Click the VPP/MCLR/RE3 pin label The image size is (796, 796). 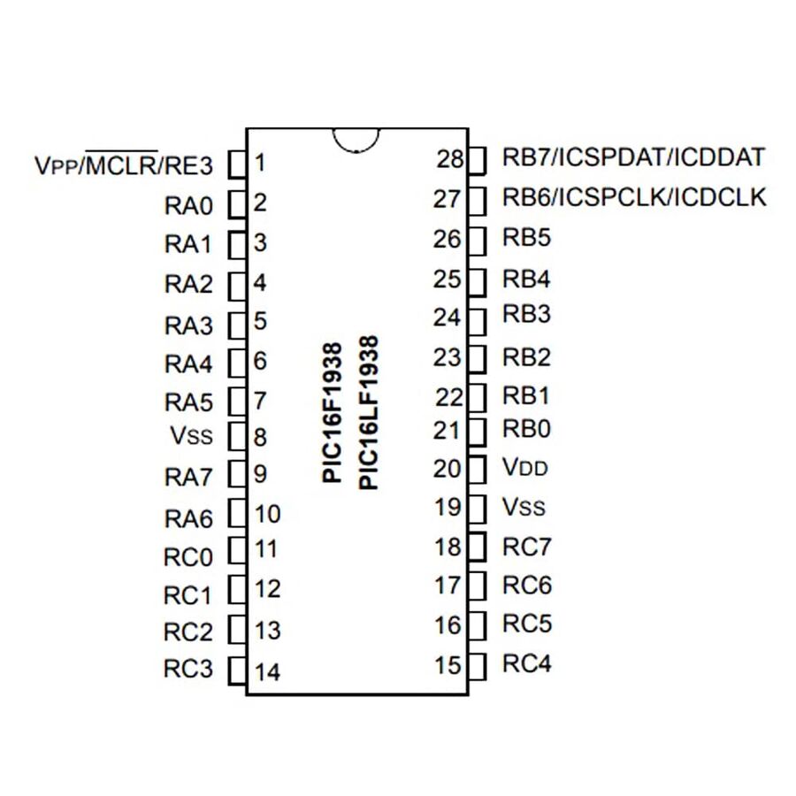[123, 165]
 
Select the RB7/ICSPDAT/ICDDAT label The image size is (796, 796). [633, 157]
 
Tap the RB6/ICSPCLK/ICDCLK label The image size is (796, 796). [634, 197]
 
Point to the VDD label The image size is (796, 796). [525, 468]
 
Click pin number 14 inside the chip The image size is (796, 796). [267, 672]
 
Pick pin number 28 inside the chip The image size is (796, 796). [450, 159]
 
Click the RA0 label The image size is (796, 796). [189, 206]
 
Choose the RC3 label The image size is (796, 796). [188, 669]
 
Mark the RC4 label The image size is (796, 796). [527, 663]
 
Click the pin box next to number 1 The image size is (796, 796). [236, 164]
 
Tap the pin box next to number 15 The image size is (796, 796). [477, 664]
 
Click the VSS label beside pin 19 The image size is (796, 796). [524, 508]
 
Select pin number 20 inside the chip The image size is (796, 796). [448, 469]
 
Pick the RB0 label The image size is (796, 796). [527, 430]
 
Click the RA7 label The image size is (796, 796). [189, 478]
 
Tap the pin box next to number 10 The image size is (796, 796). [236, 514]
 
